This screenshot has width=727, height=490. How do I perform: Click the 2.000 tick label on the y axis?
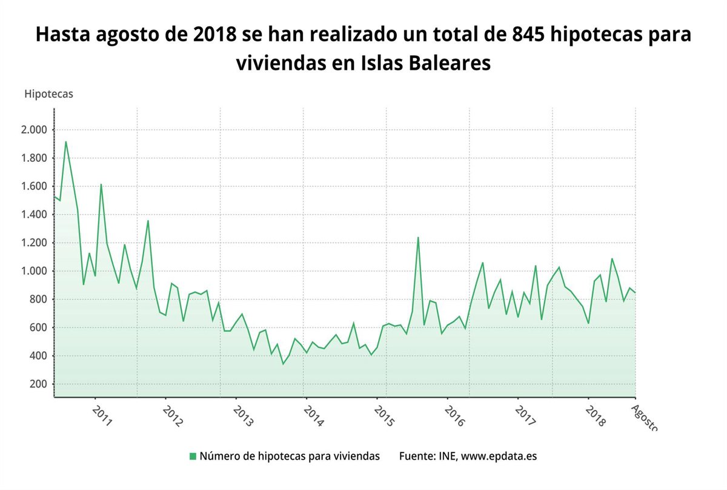[34, 130]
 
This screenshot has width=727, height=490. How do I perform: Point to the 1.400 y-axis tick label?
[34, 215]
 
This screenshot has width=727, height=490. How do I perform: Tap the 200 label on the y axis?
[38, 384]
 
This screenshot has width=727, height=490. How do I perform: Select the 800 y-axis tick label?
[38, 300]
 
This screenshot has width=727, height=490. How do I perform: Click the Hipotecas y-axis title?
[48, 94]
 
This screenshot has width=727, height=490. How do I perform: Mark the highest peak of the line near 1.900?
[65, 142]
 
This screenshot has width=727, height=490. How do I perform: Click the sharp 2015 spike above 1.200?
[418, 237]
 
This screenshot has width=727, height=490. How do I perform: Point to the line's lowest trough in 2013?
[283, 364]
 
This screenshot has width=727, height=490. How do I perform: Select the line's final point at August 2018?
[635, 293]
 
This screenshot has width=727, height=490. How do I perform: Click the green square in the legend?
[193, 456]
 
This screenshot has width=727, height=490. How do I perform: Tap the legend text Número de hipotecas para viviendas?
[290, 456]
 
